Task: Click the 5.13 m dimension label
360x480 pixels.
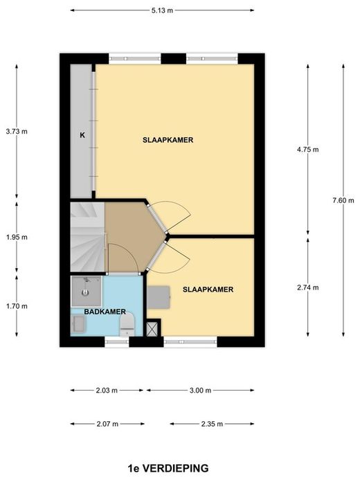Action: coord(162,10)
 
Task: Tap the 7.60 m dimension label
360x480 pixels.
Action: coord(343,200)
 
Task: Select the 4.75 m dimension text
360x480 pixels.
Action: coord(307,150)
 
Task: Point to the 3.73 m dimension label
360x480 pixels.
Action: coord(17,132)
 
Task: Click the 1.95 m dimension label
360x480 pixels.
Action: coord(17,238)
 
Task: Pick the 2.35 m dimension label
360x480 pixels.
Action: coord(212,424)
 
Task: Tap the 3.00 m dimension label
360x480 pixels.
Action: coord(200,391)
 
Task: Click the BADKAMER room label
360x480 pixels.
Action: coord(105,312)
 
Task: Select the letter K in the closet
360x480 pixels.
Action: coord(82,135)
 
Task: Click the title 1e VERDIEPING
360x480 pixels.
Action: coord(168,468)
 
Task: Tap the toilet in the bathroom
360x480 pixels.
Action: coord(127,324)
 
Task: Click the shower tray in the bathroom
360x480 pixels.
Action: coord(86,291)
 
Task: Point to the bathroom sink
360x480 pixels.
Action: coord(79,324)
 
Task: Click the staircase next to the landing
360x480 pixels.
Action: coord(88,237)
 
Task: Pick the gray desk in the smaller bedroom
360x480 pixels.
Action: coord(159,298)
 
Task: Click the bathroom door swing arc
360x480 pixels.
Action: coord(126,252)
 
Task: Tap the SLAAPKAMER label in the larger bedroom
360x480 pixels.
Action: coord(168,140)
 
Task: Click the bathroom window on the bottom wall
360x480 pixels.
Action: coord(117,341)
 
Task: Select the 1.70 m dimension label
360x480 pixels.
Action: coord(17,306)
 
